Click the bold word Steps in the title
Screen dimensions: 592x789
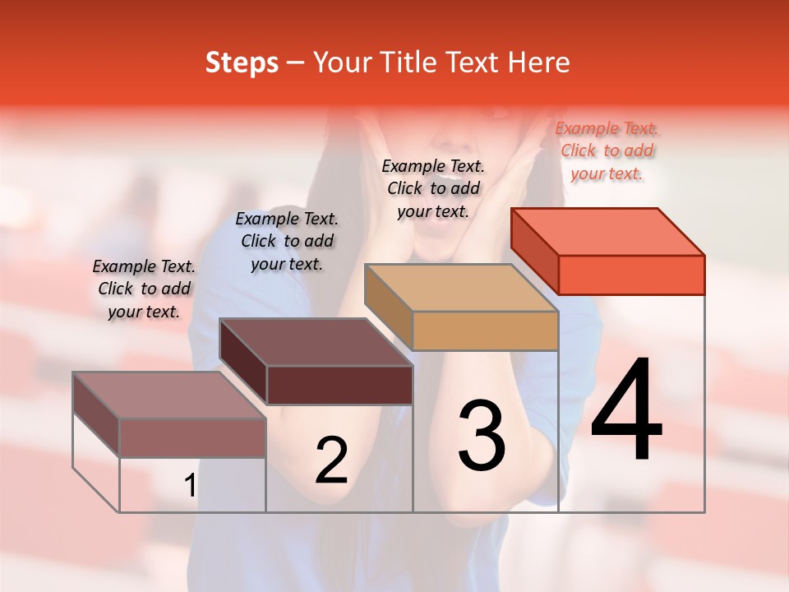point(242,62)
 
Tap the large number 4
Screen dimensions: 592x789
point(627,411)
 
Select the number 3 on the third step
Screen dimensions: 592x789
point(482,436)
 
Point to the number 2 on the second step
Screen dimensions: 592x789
point(332,460)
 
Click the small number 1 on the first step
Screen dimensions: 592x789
point(190,486)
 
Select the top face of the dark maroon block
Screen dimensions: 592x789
point(316,342)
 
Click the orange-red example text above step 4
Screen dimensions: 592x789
point(607,151)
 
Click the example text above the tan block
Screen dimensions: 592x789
point(433,188)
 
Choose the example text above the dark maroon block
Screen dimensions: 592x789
point(287,241)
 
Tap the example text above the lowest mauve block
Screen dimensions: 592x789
point(144,289)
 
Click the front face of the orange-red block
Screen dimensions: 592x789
point(631,275)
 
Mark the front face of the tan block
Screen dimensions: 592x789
point(485,331)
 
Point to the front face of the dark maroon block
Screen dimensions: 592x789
point(339,385)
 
